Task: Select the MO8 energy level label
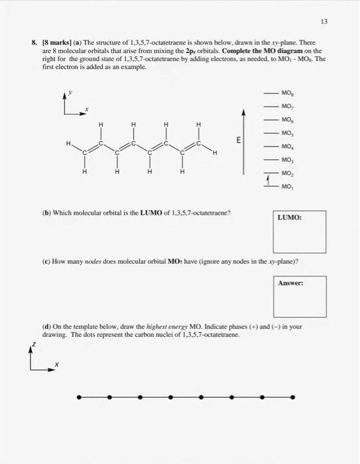tap(287, 92)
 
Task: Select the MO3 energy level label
tap(287, 159)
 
